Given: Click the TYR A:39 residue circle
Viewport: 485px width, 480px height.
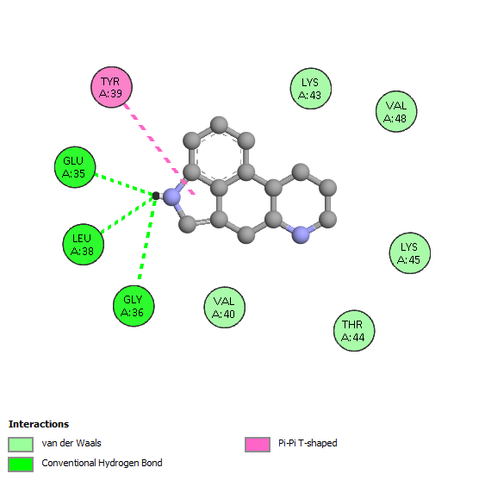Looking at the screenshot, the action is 111,87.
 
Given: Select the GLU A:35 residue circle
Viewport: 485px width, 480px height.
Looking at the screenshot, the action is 75,167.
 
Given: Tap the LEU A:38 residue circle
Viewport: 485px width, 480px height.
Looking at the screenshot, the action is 84,245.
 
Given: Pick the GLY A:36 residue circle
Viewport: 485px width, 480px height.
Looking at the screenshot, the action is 134,306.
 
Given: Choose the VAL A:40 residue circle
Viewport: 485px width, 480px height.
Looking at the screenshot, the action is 225,308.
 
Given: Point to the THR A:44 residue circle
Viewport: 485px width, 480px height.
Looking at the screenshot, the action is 354,331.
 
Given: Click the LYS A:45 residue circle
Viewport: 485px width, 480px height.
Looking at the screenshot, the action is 410,253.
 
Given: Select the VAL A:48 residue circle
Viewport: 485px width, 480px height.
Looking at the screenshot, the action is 396,111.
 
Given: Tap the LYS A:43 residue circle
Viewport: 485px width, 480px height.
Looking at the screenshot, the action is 311,89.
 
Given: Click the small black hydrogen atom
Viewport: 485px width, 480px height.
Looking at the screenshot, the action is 156,196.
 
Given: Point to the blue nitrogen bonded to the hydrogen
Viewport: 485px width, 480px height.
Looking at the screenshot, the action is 171,197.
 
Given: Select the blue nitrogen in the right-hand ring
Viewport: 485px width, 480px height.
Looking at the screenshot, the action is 301,235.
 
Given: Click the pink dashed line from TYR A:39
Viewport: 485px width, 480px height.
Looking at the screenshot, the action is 159,149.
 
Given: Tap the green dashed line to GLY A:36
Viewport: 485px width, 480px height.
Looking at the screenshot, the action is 147,237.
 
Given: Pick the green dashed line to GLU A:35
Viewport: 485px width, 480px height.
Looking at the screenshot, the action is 125,184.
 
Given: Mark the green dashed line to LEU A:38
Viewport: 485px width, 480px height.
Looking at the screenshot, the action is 127,215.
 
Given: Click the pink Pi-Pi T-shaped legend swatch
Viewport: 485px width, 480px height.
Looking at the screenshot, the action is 258,445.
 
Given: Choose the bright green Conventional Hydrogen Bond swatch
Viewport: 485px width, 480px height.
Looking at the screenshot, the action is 21,464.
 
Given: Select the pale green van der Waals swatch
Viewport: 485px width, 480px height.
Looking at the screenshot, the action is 21,445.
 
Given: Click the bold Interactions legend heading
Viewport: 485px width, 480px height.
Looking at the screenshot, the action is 39,424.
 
